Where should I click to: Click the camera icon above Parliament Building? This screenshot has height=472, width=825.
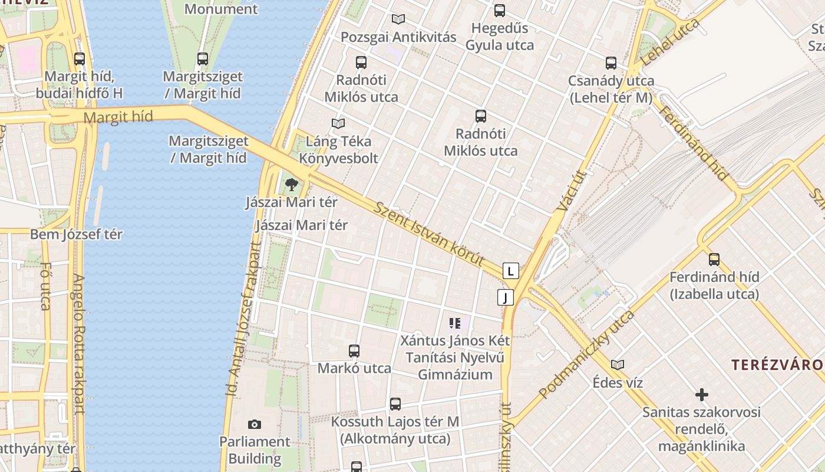click(255, 424)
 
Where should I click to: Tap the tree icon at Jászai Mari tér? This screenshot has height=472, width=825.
click(291, 185)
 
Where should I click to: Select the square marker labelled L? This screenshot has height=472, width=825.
click(510, 271)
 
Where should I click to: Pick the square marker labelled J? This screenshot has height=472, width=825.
click(505, 297)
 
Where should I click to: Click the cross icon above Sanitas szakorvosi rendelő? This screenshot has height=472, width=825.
click(701, 395)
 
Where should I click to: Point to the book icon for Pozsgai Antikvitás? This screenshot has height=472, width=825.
click(398, 19)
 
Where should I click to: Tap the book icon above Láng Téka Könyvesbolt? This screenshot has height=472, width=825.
click(338, 123)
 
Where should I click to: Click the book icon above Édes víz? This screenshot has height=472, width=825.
click(617, 365)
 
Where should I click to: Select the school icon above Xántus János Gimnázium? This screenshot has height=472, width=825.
click(454, 323)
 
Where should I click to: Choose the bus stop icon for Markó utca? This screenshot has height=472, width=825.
click(354, 351)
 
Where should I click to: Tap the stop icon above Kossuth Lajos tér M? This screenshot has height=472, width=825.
click(395, 404)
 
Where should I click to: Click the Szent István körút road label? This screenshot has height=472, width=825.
click(429, 234)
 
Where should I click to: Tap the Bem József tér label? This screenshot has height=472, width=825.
click(76, 234)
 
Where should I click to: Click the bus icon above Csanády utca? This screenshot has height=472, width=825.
click(611, 63)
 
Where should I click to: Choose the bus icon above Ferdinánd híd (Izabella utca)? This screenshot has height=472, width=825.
click(714, 259)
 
